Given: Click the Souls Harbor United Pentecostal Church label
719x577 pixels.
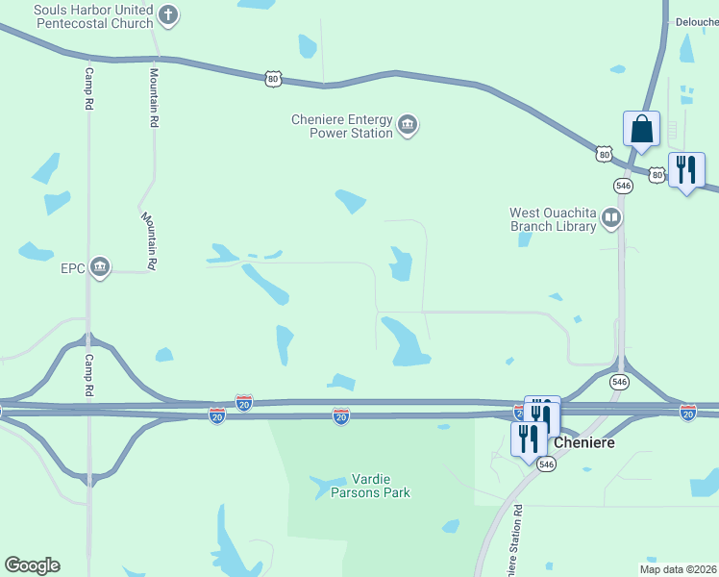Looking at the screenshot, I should (x=80, y=16).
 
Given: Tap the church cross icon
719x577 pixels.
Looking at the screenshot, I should (x=168, y=14).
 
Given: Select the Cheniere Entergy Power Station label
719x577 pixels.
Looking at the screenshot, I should (x=342, y=126).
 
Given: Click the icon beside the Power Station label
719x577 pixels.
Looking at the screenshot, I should (x=408, y=125).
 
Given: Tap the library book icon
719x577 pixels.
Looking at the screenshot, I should (x=610, y=219).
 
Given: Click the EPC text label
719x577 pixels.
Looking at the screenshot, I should (x=72, y=267).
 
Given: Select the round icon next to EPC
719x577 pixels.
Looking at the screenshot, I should (x=99, y=267).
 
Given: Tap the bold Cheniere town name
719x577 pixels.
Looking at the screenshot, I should (x=583, y=443).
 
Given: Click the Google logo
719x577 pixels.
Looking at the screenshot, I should (x=32, y=565).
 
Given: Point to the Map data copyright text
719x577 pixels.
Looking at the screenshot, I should (x=677, y=569).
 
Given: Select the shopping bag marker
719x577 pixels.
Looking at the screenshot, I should (x=641, y=130).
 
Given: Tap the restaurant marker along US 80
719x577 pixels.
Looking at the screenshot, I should (x=685, y=170).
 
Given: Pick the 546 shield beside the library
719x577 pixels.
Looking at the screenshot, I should (x=623, y=185).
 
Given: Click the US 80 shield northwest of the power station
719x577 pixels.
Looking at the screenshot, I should (x=273, y=79).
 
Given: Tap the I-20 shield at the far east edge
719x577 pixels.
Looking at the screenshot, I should (x=688, y=412).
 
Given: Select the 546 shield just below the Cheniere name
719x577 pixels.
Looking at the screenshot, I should (x=547, y=464).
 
